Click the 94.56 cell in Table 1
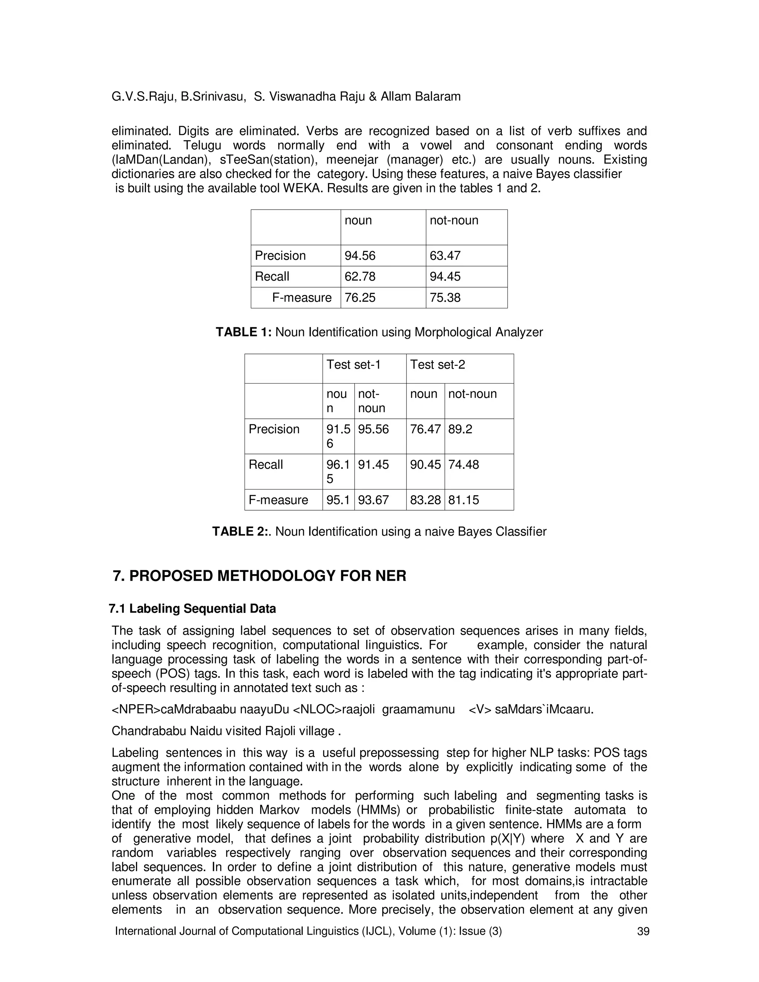[360, 255]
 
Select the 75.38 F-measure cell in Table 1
[445, 298]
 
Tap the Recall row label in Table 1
[272, 276]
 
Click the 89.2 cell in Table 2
[460, 429]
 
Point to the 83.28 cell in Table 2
[425, 500]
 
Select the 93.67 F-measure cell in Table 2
[373, 500]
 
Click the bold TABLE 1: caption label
[243, 332]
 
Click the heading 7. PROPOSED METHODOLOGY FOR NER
[259, 576]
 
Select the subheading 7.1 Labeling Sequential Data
[192, 609]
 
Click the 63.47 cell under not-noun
[445, 255]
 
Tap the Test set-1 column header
[354, 364]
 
